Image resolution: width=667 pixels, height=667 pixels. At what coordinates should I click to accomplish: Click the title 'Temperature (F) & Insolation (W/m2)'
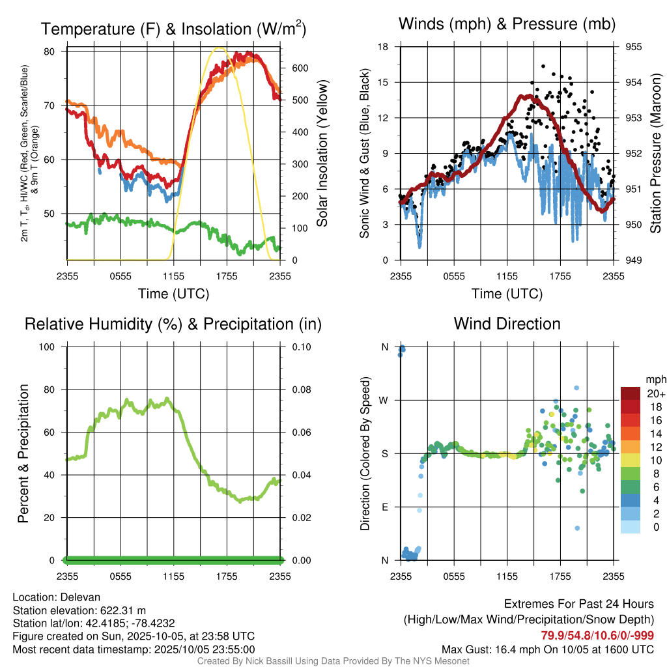(173, 29)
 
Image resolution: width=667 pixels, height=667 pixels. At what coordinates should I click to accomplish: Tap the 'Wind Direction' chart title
(507, 324)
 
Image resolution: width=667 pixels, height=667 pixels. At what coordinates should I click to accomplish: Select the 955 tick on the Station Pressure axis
(634, 47)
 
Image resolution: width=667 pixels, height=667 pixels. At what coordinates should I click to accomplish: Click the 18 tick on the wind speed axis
(383, 47)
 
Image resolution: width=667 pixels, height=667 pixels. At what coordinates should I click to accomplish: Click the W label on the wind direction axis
(384, 400)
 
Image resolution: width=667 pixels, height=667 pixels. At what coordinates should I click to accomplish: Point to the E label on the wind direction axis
(384, 507)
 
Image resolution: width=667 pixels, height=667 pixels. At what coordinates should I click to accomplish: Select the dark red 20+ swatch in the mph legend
(631, 394)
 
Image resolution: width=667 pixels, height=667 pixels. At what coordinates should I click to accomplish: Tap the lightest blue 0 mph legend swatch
(631, 526)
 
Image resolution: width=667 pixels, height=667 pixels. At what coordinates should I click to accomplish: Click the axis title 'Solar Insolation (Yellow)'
(322, 153)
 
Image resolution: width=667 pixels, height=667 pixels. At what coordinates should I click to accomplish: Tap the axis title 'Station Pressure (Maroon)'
(656, 153)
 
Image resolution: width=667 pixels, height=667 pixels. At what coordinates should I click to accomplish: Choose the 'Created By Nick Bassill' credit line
(333, 661)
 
